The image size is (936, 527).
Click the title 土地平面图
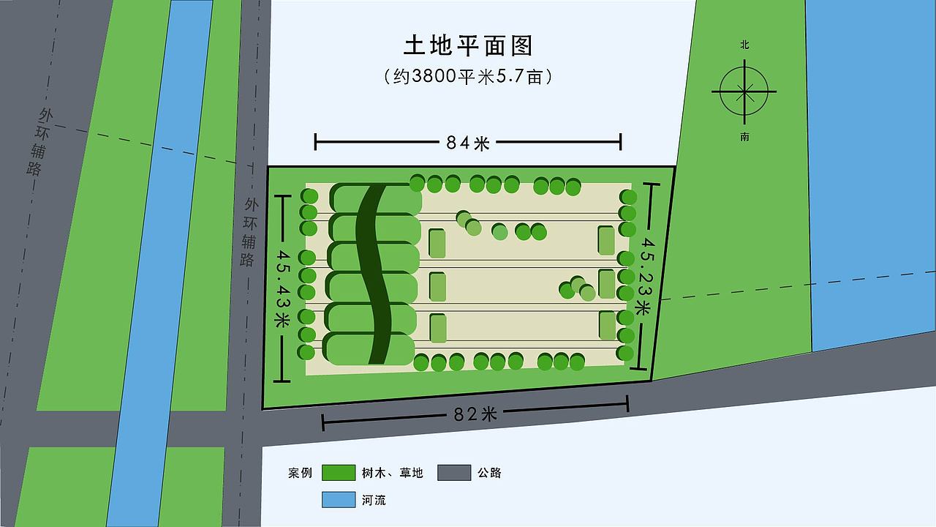pos(468,45)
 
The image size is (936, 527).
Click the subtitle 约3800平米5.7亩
pos(468,76)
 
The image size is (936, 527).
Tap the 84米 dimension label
pos(468,143)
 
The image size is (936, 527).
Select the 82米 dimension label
pos(475,414)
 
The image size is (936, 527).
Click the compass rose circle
pos(744,91)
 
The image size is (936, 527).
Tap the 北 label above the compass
pos(744,45)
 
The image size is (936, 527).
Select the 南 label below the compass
pos(744,137)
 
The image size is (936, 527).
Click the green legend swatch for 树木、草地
pos(338,473)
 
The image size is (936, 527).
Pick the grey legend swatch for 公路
pos(454,473)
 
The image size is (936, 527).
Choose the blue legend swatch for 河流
pos(338,500)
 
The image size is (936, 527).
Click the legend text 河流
pos(374,500)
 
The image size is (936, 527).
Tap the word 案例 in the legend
pos(300,473)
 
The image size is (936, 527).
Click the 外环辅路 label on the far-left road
pos(40,143)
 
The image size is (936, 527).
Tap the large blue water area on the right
pos(870,168)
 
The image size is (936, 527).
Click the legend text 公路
pos(489,473)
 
